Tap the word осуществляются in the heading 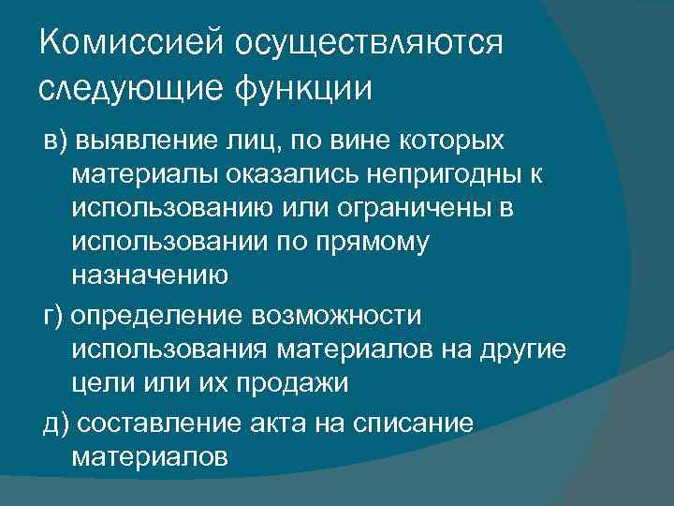[370, 42]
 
